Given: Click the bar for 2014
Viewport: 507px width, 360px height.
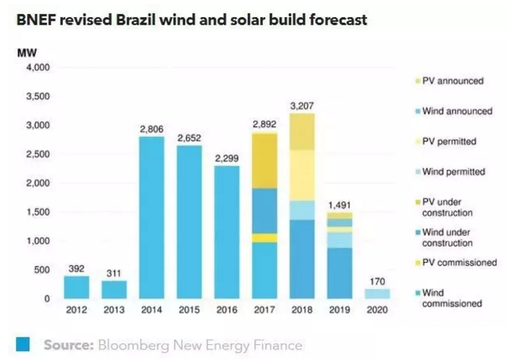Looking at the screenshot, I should pos(152,217).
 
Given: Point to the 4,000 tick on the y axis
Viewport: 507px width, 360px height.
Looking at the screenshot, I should pos(39,68).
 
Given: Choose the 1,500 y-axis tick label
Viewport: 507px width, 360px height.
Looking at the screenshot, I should pos(39,213).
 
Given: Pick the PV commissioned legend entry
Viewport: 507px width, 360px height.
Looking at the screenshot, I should pos(459,263).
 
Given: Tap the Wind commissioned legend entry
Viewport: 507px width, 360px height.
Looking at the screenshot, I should pos(452,298).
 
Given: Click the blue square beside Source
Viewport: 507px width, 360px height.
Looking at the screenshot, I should pos(22,344).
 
